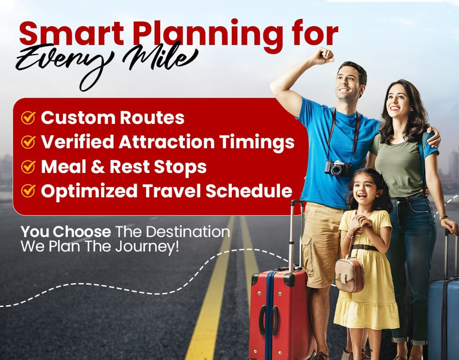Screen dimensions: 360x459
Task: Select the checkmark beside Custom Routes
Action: click(28, 118)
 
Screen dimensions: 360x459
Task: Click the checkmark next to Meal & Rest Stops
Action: click(28, 167)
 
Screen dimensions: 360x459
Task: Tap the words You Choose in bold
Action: click(65, 231)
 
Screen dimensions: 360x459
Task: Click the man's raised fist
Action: click(323, 56)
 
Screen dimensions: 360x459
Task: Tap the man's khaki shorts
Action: click(321, 246)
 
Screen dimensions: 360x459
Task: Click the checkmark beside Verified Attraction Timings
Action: click(28, 142)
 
